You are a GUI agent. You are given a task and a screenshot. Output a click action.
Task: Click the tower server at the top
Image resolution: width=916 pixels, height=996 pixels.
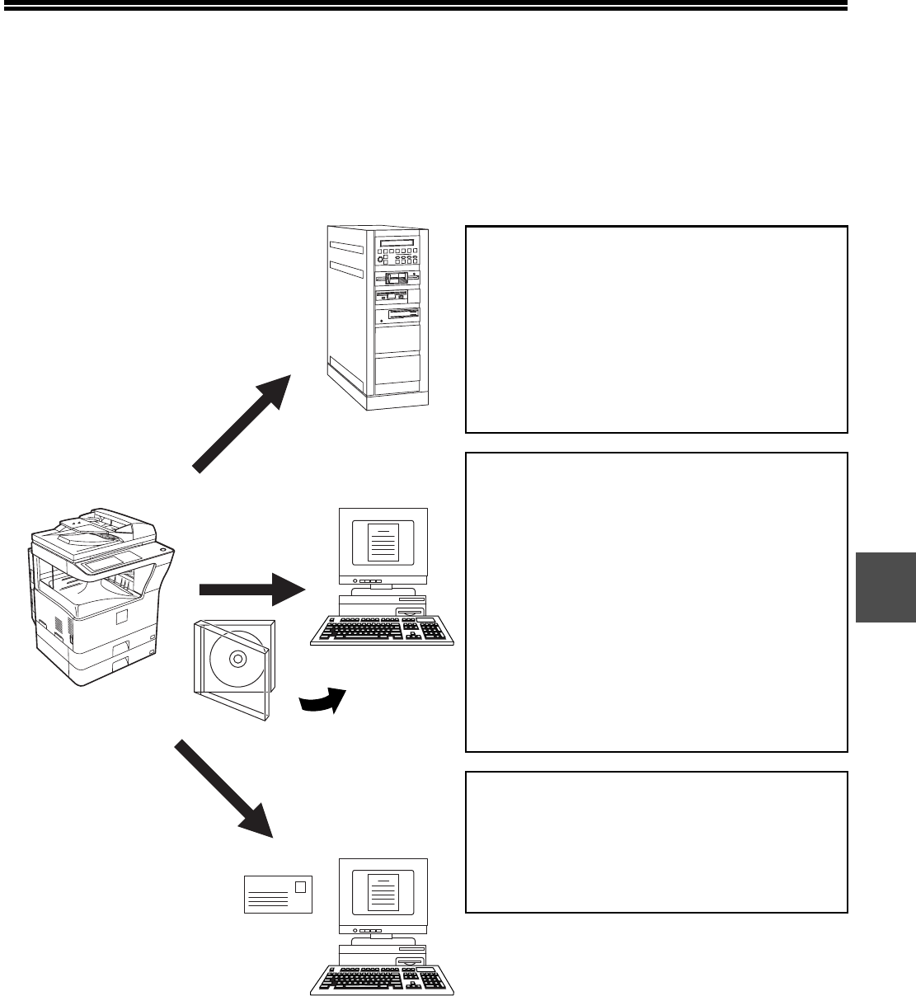[375, 317]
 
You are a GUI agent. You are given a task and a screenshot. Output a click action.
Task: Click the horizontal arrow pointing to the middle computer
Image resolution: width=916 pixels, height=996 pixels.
[252, 589]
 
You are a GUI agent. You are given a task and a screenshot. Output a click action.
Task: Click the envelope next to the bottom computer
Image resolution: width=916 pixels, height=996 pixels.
[278, 895]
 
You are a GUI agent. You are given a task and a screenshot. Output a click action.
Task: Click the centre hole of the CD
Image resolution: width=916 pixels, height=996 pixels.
[237, 659]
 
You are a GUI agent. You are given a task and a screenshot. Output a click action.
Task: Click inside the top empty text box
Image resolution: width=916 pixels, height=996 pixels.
[656, 329]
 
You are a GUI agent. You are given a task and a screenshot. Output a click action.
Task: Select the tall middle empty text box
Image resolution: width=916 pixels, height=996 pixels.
[656, 602]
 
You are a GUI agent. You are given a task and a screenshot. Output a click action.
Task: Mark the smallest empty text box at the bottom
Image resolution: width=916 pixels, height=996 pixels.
[656, 842]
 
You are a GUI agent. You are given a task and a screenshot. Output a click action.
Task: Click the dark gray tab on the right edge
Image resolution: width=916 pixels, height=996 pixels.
[886, 587]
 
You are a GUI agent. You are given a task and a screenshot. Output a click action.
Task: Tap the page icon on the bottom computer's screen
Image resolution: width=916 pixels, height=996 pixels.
[382, 893]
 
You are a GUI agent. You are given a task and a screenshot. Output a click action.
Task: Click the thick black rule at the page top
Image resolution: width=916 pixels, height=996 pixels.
[424, 7]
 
